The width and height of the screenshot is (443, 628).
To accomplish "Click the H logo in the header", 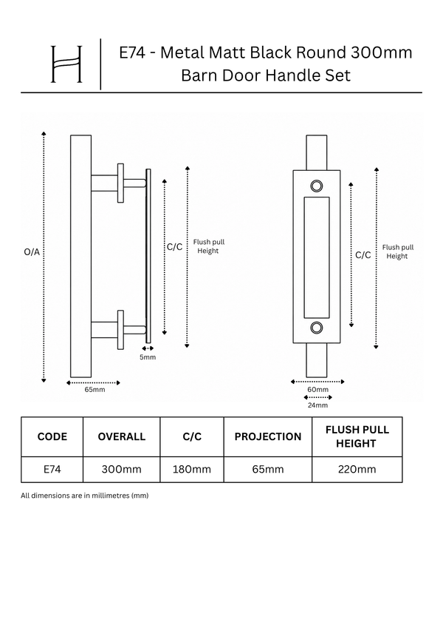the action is [66, 64].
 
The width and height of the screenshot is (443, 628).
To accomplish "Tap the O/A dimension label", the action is [32, 252].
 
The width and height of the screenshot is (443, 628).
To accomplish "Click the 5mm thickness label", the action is [148, 357].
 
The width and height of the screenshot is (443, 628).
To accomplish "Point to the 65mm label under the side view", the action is [95, 389].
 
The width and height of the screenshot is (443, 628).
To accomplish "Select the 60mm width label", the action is [318, 389].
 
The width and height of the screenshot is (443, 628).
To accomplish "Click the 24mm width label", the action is [318, 405].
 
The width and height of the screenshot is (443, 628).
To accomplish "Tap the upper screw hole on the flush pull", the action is [317, 186].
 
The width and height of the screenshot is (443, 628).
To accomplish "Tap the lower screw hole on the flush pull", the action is [317, 327].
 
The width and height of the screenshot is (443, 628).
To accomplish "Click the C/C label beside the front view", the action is [363, 255].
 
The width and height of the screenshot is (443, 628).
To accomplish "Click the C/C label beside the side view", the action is [175, 247].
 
